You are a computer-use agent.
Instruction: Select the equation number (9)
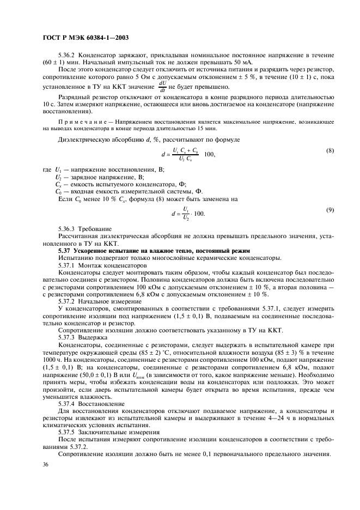(329, 210)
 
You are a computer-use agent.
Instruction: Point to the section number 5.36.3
(68, 229)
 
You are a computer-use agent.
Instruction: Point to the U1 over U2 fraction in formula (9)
(185, 213)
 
